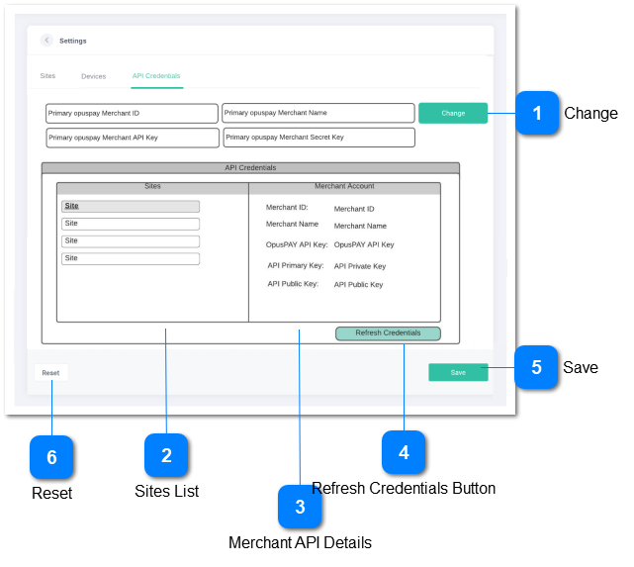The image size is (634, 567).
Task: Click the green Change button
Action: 453,113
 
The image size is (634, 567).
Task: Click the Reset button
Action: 50,373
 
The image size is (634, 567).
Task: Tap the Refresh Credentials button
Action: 388,333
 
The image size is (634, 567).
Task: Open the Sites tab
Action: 47,76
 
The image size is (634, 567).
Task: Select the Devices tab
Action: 94,76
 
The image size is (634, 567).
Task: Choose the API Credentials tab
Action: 156,76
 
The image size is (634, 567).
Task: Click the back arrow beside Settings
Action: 46,41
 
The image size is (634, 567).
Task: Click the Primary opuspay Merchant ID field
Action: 132,113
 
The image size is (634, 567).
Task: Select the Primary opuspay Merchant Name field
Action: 317,113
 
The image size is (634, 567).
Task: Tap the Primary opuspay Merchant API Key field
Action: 132,138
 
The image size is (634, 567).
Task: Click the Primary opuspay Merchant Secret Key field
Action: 317,138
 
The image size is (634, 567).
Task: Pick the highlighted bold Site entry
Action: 131,207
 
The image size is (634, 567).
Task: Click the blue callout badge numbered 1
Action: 537,113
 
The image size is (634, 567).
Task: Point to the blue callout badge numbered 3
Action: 300,508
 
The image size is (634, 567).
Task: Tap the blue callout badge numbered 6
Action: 51,457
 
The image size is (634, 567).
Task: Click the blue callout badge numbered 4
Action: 404,452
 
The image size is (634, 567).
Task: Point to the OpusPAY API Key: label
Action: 296,244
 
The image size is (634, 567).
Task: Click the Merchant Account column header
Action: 344,187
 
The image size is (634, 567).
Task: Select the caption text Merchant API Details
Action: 300,542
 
